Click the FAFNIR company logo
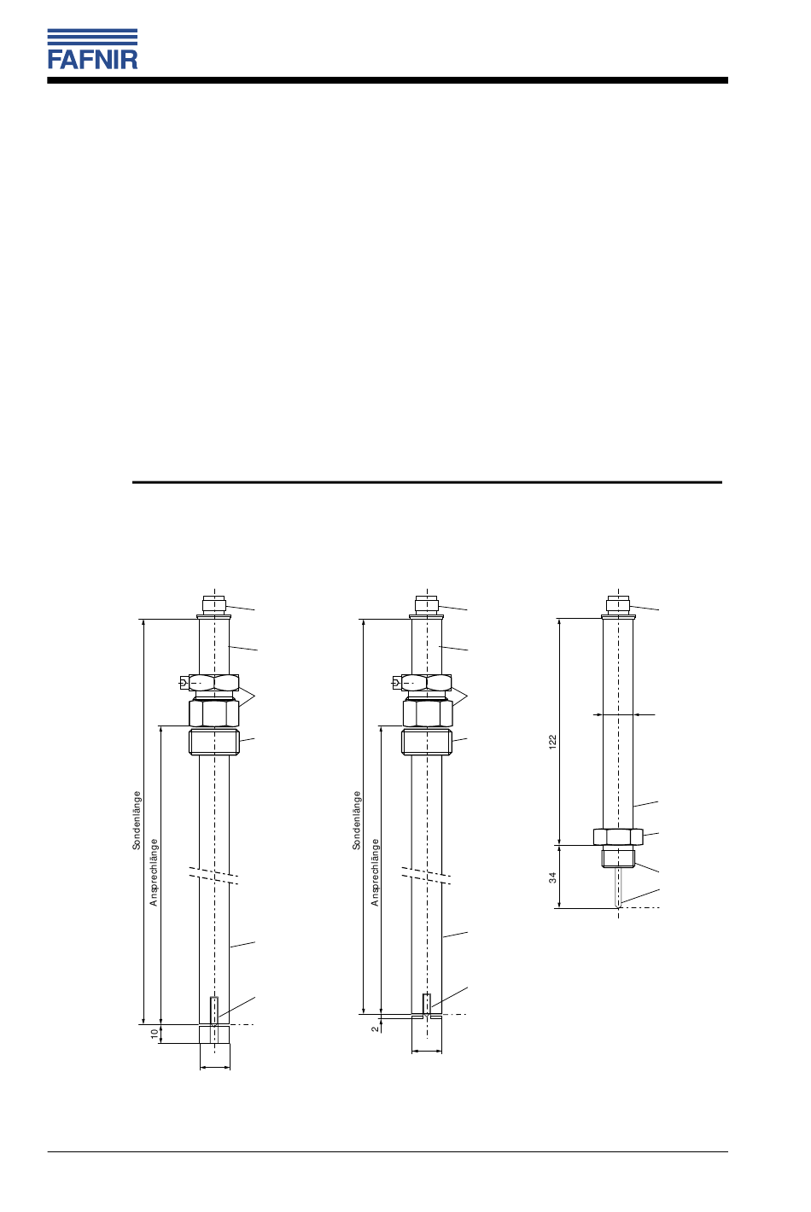(x=92, y=49)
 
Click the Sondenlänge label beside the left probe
(x=137, y=820)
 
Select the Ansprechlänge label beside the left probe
(x=154, y=872)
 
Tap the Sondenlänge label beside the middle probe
(x=357, y=820)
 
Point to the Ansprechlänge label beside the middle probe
(x=375, y=872)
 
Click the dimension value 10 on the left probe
(x=155, y=1034)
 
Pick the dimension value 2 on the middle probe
(x=375, y=1028)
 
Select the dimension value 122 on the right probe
(x=552, y=741)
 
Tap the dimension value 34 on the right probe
(x=552, y=877)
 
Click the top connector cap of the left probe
(x=213, y=603)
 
